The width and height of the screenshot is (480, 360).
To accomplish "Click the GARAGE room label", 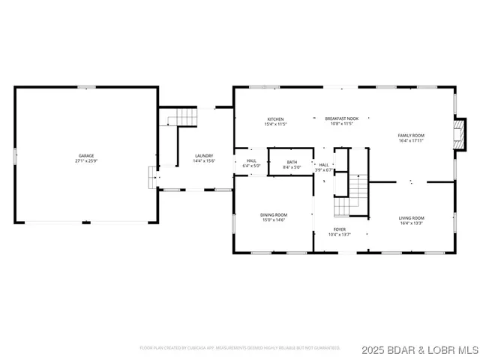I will point(86,155).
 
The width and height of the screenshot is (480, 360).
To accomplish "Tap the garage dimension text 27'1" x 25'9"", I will point(86,161).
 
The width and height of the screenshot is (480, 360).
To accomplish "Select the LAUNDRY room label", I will point(204,155).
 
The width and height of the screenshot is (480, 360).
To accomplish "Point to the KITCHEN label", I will point(276,118).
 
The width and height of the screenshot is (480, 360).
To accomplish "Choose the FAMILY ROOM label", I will point(410,135).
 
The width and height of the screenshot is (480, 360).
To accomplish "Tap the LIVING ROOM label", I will point(411,217).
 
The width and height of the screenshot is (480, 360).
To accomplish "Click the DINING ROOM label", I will point(274,214).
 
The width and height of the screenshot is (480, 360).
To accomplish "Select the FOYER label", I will point(340,229).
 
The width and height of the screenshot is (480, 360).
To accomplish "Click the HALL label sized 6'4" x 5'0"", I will point(250,160).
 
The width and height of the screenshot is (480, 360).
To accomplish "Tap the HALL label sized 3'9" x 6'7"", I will point(324,164).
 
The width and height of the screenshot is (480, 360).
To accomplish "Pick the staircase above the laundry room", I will point(182,117).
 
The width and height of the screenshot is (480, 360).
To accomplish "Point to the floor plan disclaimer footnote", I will point(239,348).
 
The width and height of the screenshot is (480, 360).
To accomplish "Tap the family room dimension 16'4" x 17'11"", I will point(410,140).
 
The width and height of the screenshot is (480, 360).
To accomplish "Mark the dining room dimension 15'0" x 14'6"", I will point(274,220).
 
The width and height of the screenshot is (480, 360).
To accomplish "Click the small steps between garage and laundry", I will point(154,178).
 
